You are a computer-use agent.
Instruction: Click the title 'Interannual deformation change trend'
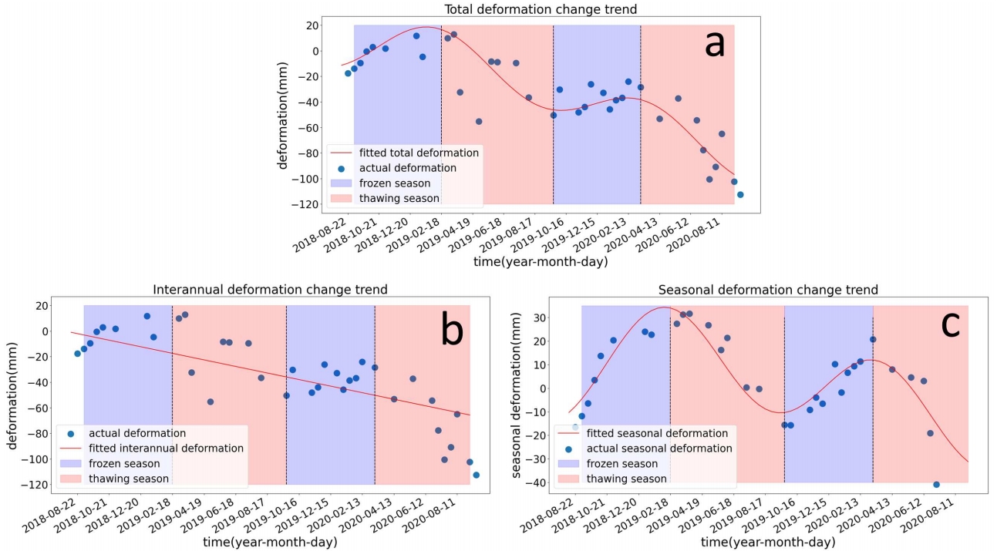click(x=270, y=290)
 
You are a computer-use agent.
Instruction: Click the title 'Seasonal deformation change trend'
click(x=768, y=290)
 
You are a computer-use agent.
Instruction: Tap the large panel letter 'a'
click(x=714, y=45)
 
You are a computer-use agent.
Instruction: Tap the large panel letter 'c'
click(x=950, y=324)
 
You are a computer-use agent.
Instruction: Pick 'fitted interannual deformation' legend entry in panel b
click(x=166, y=448)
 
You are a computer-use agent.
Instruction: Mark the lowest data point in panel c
click(x=936, y=485)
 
